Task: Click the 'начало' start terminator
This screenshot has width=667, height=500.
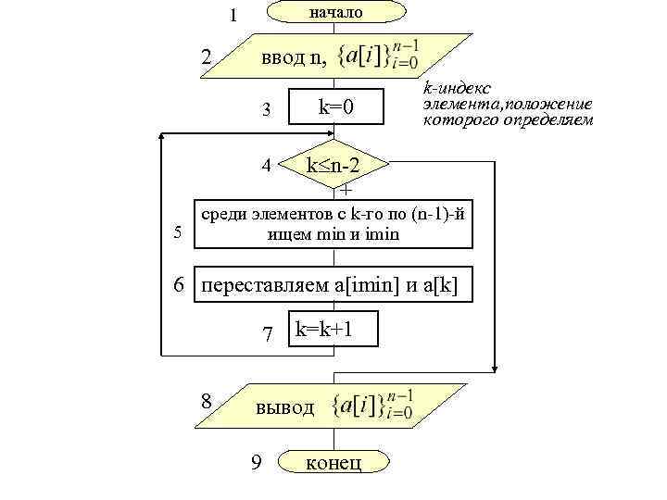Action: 335,12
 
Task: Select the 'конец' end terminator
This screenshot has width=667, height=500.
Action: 333,462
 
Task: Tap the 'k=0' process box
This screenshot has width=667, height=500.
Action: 336,108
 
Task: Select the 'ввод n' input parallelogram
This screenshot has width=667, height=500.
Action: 333,57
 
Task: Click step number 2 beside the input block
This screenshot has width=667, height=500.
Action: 207,57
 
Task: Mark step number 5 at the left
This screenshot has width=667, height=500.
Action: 178,231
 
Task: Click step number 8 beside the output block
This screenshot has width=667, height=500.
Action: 208,402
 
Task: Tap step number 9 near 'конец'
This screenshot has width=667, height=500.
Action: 256,462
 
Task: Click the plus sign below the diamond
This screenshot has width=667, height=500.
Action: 346,191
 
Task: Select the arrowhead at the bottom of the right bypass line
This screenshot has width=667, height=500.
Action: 497,364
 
